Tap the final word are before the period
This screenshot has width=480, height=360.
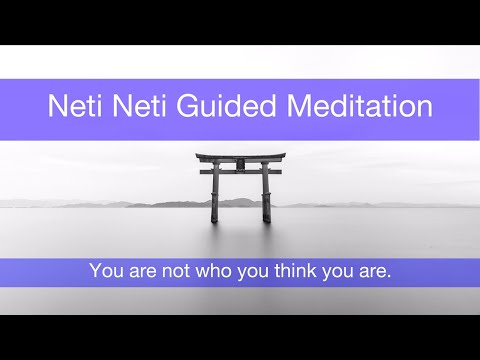[372, 270]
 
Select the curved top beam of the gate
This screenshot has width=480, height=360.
[240, 157]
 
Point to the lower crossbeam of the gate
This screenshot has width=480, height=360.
[240, 172]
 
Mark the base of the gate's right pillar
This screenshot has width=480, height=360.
[266, 219]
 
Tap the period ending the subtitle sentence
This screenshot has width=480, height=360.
[389, 276]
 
